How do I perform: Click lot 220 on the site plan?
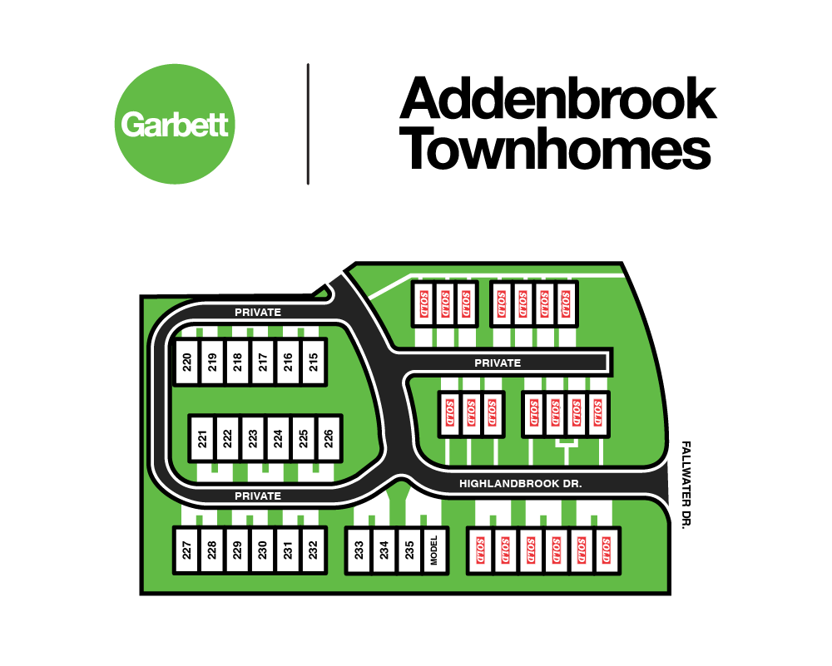coord(187,363)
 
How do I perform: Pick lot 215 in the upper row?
coord(313,363)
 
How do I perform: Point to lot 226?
coord(329,437)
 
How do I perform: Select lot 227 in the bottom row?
coord(187,550)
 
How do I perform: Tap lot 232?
coord(312,550)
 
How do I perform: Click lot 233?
coord(359,550)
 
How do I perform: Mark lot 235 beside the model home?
coord(409,550)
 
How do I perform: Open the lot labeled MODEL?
coord(434,550)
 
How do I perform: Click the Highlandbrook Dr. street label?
coord(520,483)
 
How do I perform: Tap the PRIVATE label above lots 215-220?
coord(258,313)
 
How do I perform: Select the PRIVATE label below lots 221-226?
coord(258,496)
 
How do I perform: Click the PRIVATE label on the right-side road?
coord(498,363)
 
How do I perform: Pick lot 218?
coord(237,363)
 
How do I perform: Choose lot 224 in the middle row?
coord(278,437)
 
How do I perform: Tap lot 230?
coord(262,550)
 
